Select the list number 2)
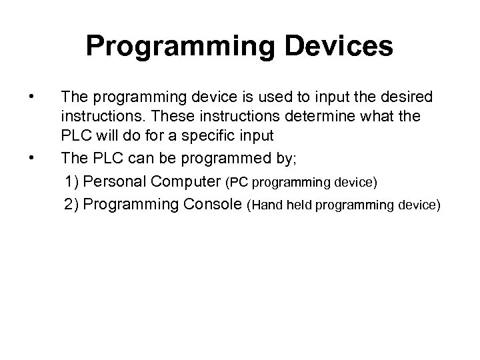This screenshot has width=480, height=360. [73, 203]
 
